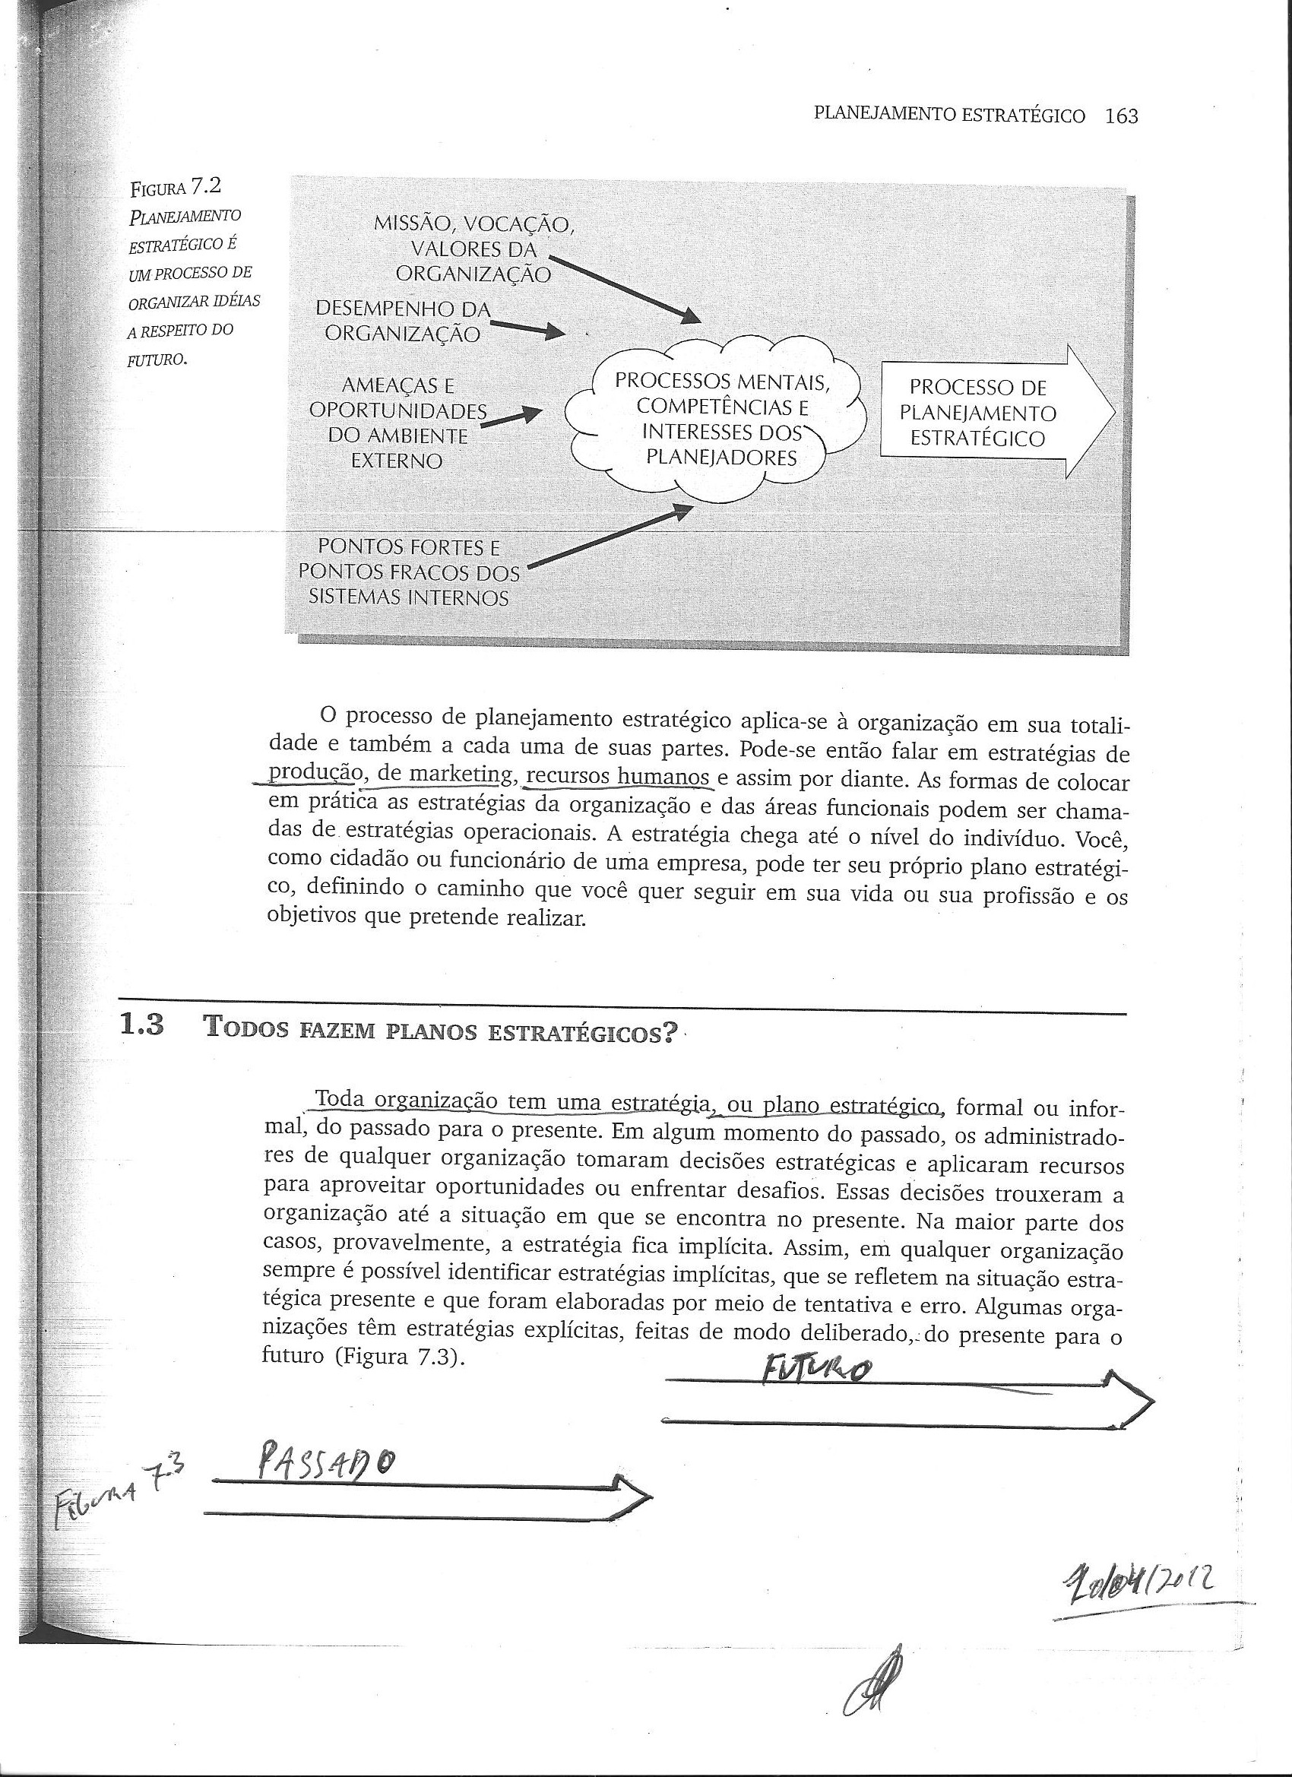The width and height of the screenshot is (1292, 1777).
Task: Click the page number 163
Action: [x=1119, y=117]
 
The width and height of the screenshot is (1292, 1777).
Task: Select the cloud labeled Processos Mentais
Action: [x=721, y=420]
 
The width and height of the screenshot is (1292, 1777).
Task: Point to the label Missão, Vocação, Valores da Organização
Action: [x=474, y=249]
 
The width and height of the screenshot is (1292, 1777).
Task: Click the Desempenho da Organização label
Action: [x=403, y=322]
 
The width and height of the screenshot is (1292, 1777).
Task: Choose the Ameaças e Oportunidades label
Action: [x=397, y=423]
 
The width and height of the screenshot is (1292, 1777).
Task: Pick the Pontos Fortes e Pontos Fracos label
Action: [x=408, y=572]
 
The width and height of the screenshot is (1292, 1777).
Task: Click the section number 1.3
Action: [x=141, y=1026]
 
